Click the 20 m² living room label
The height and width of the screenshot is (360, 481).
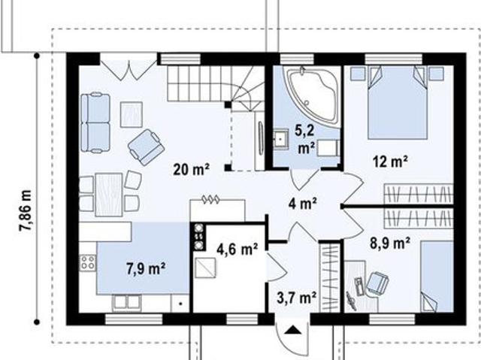pyautogui.click(x=192, y=169)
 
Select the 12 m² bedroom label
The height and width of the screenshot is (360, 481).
pyautogui.click(x=390, y=162)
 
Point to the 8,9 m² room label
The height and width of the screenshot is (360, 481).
pyautogui.click(x=390, y=244)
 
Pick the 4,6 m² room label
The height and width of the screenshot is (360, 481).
pyautogui.click(x=237, y=250)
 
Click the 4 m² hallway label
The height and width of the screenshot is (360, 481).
pyautogui.click(x=303, y=204)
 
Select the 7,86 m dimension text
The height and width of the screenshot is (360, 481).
pyautogui.click(x=26, y=210)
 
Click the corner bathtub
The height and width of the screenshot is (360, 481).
pyautogui.click(x=313, y=93)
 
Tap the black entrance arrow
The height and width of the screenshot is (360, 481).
pyautogui.click(x=293, y=330)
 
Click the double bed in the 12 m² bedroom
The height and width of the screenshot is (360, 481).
pyautogui.click(x=398, y=103)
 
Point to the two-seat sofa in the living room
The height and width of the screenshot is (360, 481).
pyautogui.click(x=95, y=123)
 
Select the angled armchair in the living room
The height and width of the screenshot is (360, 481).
pyautogui.click(x=147, y=147)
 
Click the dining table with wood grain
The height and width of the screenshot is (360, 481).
pyautogui.click(x=109, y=195)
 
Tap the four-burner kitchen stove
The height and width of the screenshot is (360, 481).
pyautogui.click(x=88, y=263)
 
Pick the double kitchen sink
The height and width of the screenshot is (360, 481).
pyautogui.click(x=127, y=301)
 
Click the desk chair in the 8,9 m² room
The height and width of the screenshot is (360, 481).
pyautogui.click(x=377, y=283)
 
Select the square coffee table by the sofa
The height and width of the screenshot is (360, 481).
pyautogui.click(x=132, y=115)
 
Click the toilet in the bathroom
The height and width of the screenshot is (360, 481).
pyautogui.click(x=328, y=149)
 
